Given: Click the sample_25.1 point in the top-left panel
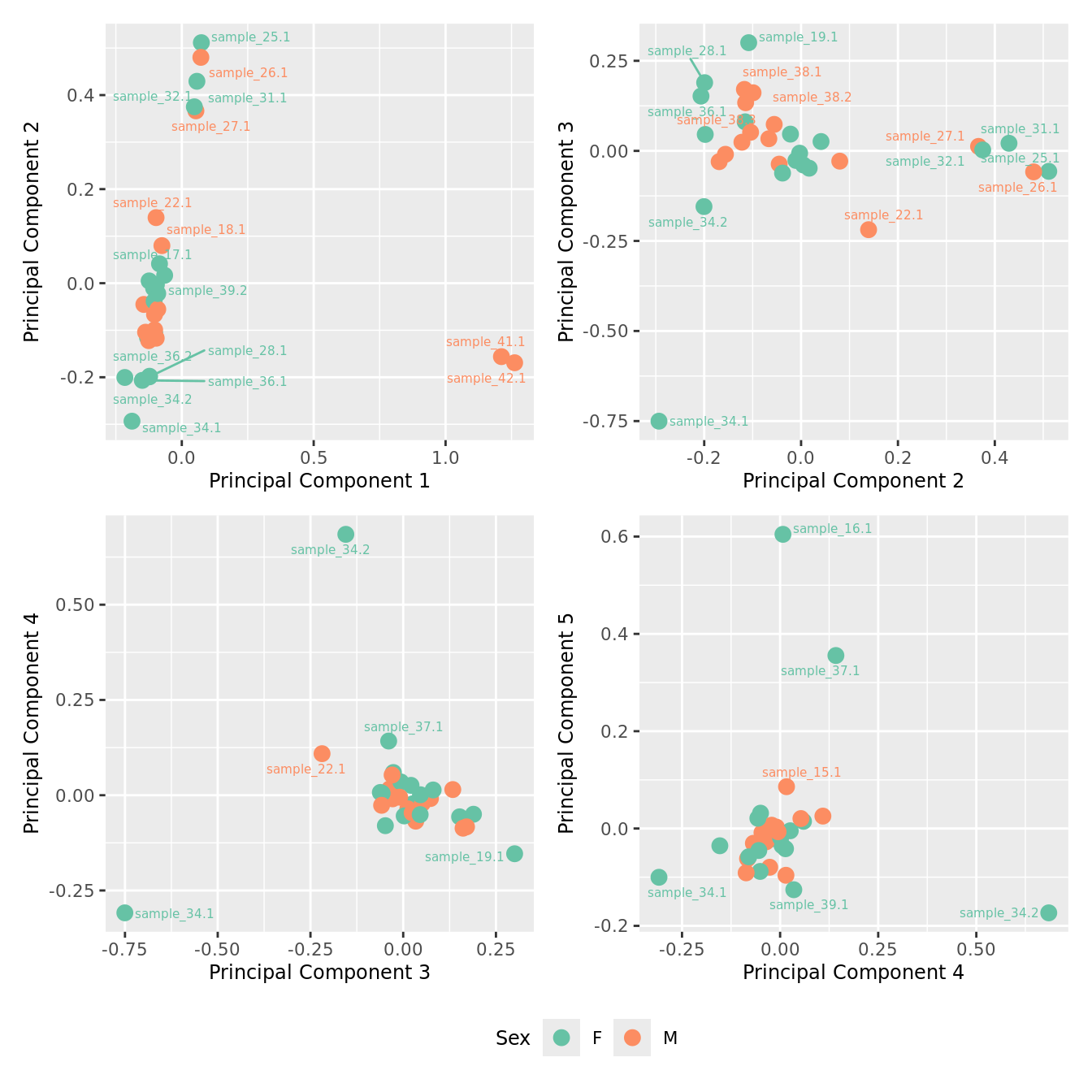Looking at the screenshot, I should [201, 42].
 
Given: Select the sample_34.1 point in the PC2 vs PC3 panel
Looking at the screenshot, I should [659, 421].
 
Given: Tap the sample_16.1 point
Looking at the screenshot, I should [782, 534].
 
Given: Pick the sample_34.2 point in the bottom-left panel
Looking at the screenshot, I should [345, 534].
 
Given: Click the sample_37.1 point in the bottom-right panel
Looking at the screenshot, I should [835, 655].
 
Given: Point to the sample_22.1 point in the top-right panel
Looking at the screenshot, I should [869, 229].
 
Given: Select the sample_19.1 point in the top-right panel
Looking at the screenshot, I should [748, 42].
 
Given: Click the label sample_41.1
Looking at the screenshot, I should [486, 342].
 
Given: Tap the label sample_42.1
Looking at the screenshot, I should [486, 379].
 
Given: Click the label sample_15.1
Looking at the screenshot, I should [801, 773].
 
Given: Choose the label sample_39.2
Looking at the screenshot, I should [207, 291].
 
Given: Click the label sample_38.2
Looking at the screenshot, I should [812, 97].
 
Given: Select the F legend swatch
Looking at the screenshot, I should [561, 1038].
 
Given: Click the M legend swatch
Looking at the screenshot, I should [632, 1038].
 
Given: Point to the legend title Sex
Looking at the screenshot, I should [513, 1038].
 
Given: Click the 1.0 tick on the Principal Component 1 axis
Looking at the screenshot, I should [445, 457].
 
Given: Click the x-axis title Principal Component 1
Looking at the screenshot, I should [319, 481].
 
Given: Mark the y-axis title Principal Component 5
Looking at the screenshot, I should [566, 722].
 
